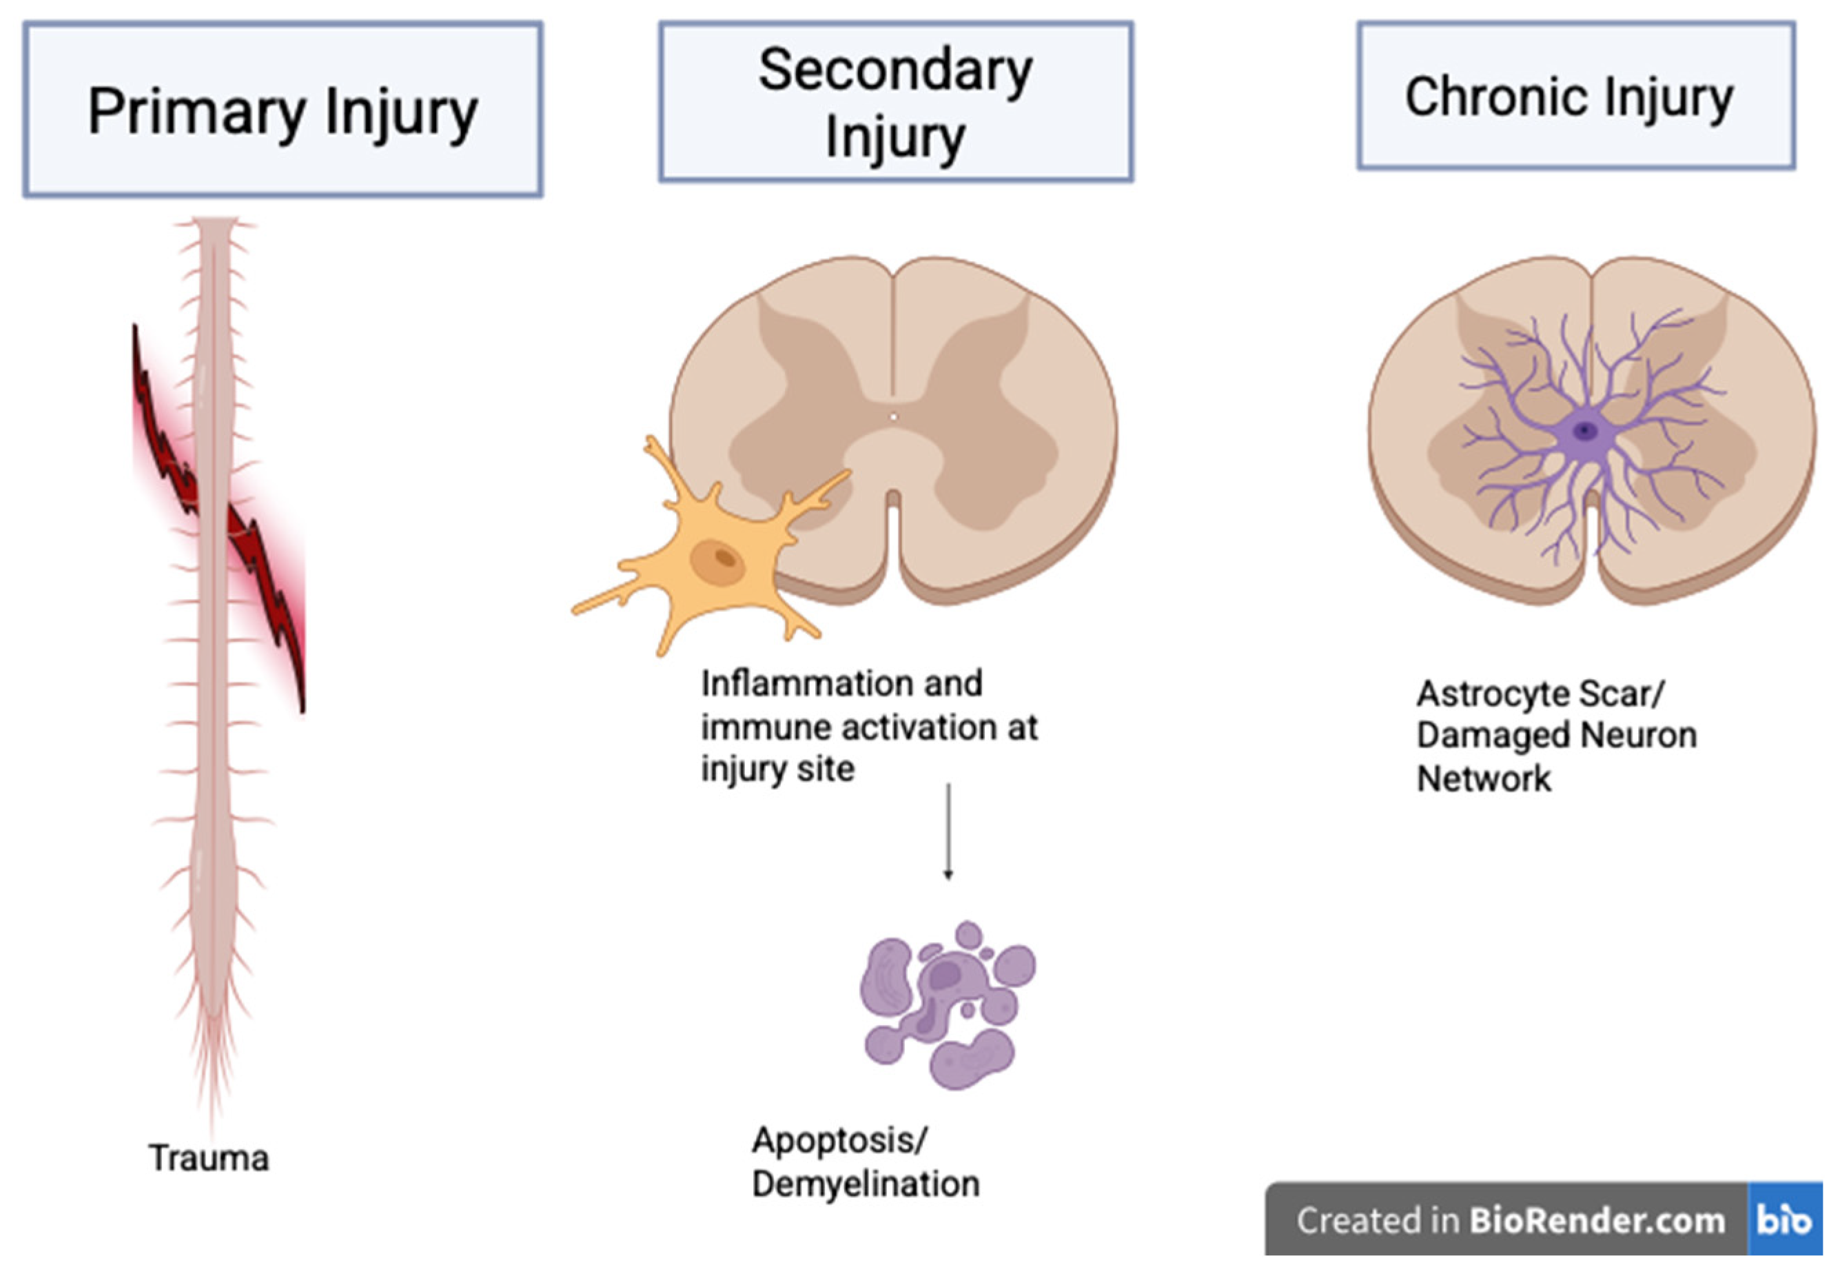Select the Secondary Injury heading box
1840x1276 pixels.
[895, 101]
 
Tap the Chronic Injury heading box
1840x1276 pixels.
[1575, 96]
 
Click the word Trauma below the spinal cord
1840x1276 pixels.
[209, 1157]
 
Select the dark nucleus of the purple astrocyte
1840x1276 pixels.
[1584, 432]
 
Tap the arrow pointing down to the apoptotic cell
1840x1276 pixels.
[948, 831]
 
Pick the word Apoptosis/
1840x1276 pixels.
[839, 1140]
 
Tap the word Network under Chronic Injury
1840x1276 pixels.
[1484, 779]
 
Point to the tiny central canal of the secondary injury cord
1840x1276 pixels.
[894, 416]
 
